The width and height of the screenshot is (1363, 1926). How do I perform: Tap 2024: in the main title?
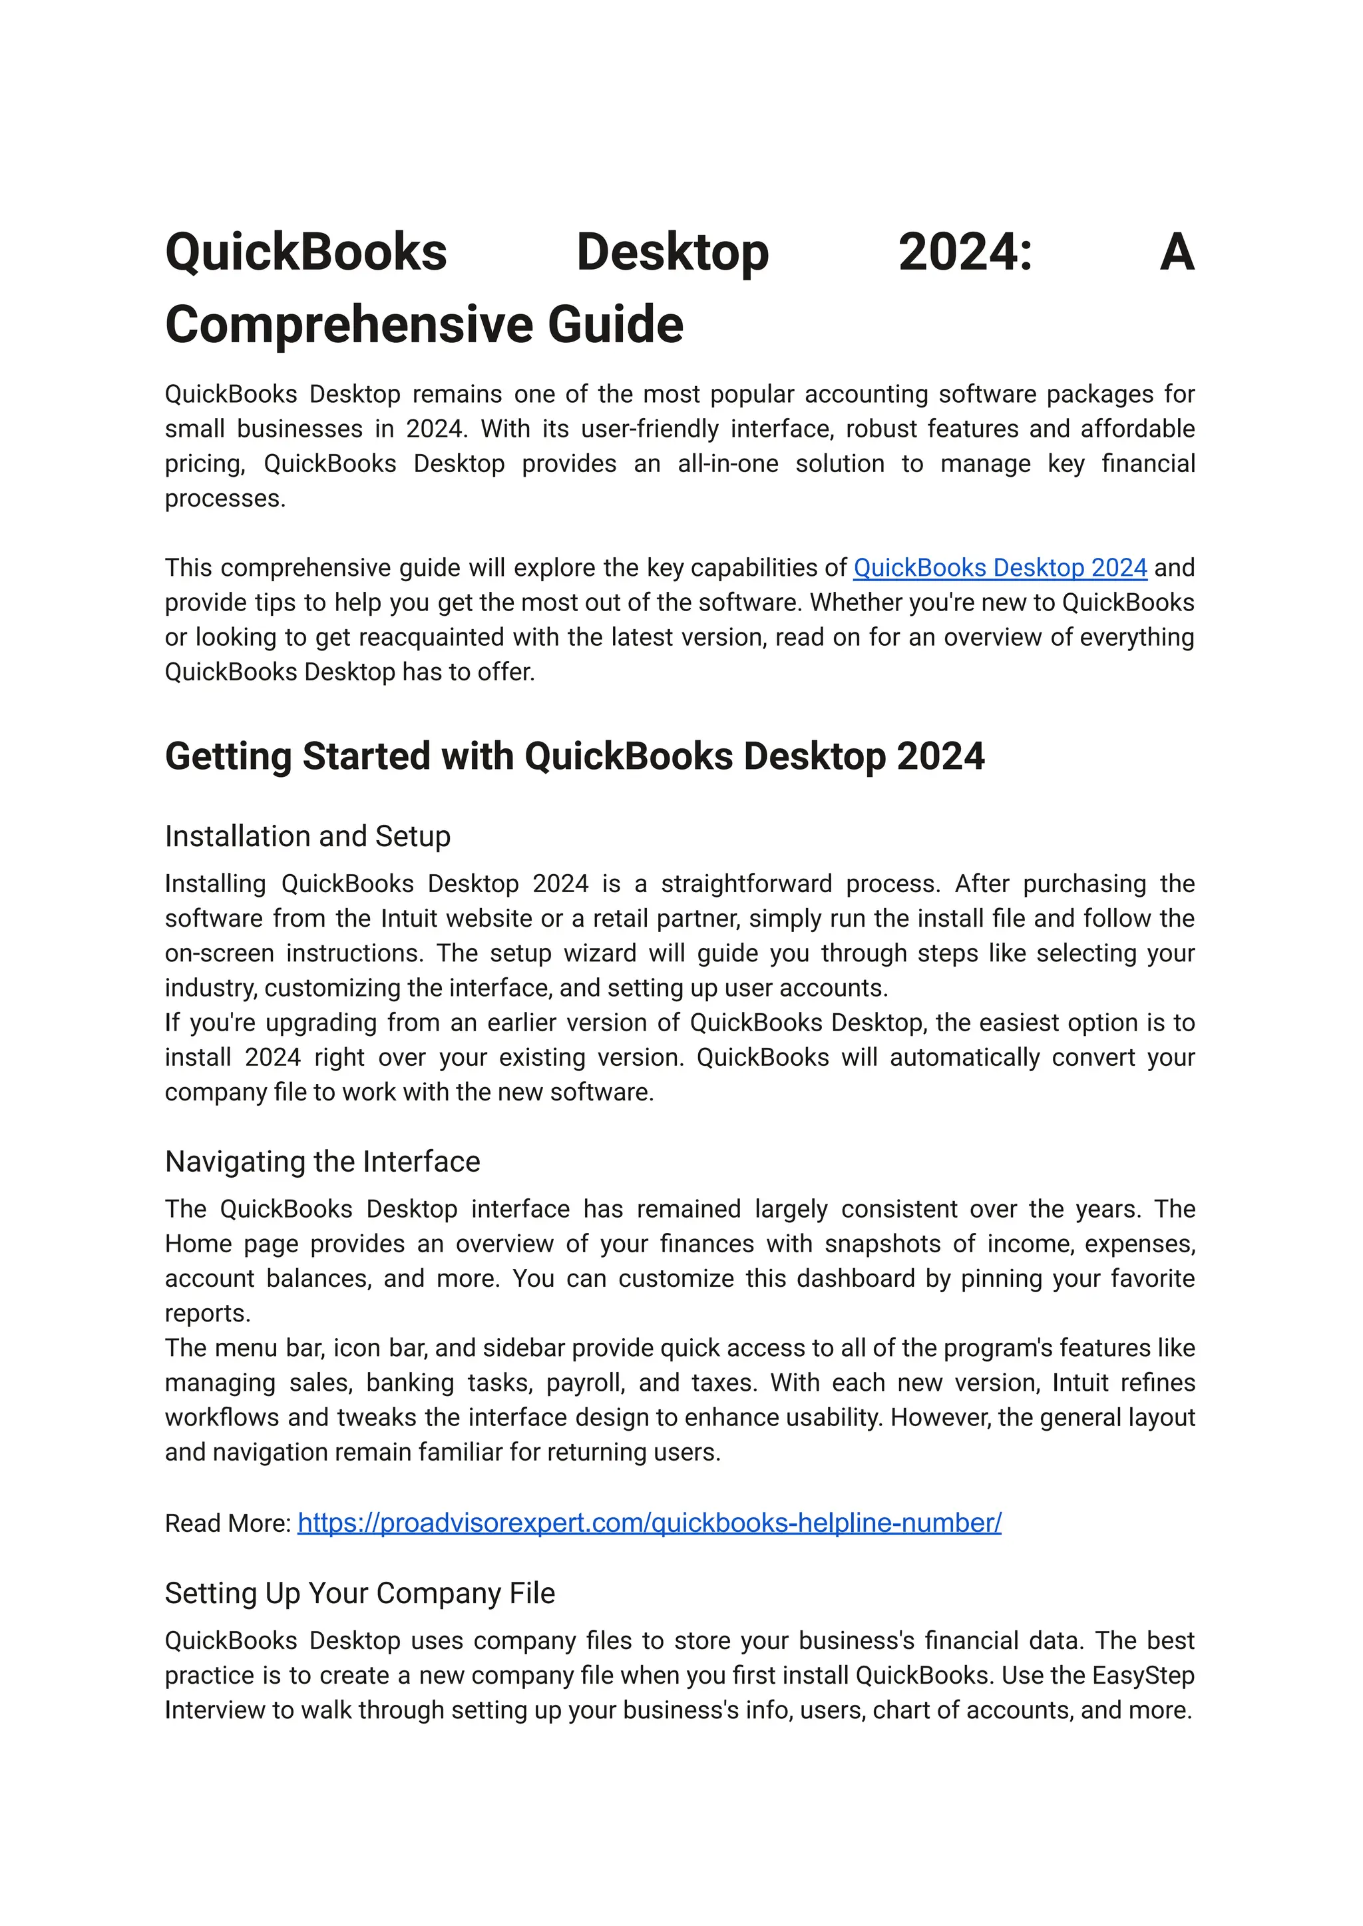(x=964, y=253)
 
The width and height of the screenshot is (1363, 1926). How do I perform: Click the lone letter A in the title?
(x=1176, y=253)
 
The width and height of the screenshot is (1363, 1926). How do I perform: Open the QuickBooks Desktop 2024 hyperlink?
(x=1000, y=569)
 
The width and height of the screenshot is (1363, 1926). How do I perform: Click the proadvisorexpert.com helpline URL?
(x=649, y=1523)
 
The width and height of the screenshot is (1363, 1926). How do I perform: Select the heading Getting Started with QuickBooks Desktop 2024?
(x=574, y=756)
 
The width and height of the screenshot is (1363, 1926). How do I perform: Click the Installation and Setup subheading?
(x=307, y=836)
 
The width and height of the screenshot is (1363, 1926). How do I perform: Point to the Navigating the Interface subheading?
(x=322, y=1162)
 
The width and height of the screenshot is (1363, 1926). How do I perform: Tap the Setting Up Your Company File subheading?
(x=359, y=1594)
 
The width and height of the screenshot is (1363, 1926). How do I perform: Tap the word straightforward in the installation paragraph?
(x=746, y=884)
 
